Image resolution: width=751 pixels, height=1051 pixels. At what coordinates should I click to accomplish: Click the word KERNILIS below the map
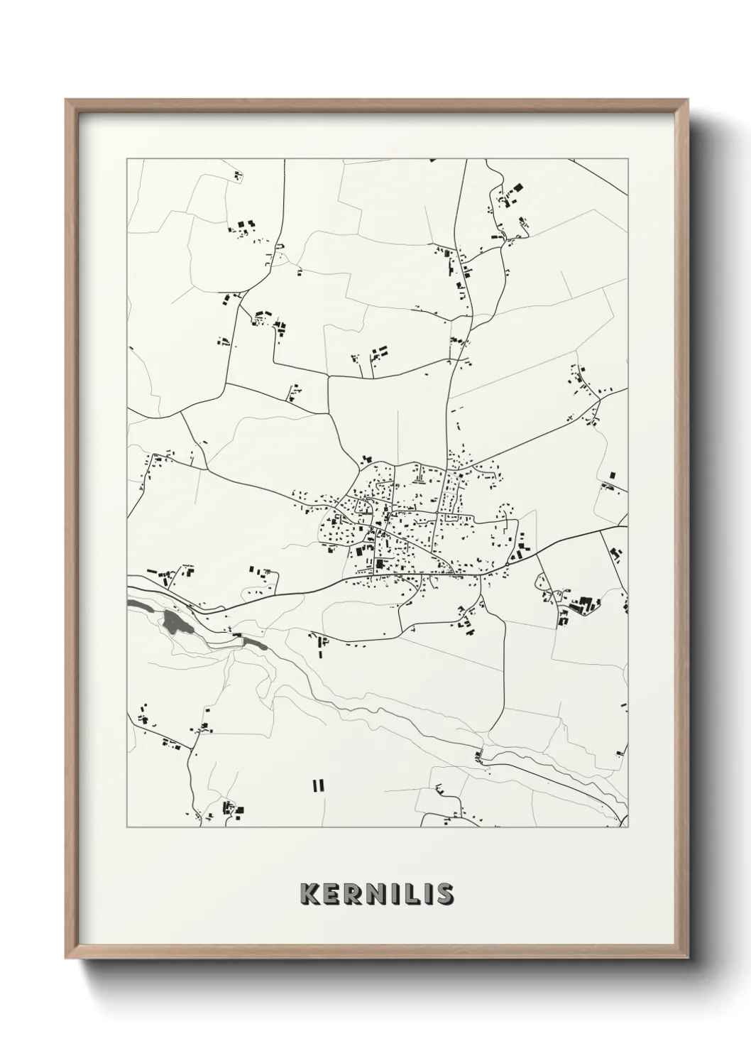point(376,893)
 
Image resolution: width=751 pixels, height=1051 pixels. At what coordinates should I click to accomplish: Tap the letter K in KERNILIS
point(310,893)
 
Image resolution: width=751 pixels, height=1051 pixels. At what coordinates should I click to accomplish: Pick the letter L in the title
point(406,893)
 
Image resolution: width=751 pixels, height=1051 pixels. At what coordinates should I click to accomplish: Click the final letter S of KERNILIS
point(444,893)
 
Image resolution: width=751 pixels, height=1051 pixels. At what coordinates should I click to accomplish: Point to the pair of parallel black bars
point(317,785)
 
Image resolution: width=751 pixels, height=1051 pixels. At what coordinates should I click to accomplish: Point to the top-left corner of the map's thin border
point(127,159)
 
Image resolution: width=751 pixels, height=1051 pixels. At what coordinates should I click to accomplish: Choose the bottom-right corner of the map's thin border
point(628,827)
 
